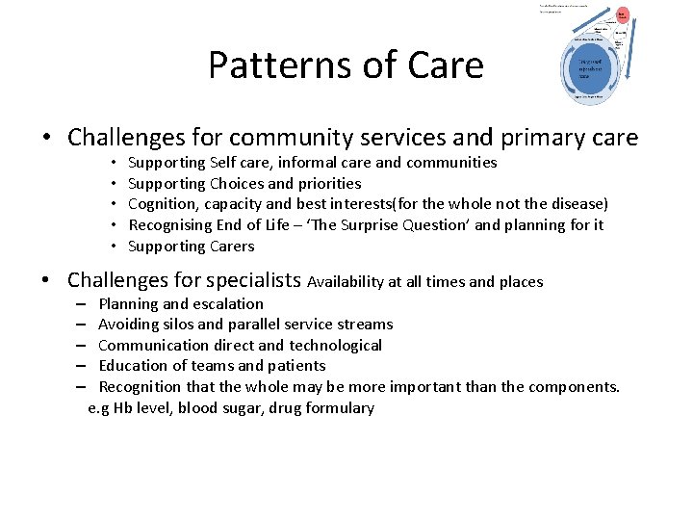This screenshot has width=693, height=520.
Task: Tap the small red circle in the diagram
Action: [x=622, y=14]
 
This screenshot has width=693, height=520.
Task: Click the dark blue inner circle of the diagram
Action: [x=590, y=69]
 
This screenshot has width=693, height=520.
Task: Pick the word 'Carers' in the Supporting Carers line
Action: [x=232, y=247]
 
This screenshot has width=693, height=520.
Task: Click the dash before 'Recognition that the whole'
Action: [x=83, y=387]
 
